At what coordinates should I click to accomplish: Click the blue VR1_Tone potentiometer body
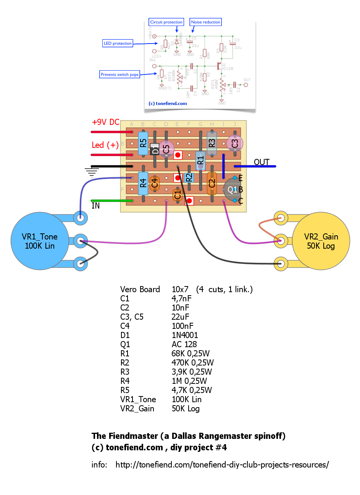point(40,241)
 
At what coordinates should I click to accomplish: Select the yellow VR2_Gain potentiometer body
point(321,241)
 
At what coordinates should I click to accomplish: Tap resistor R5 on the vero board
point(143,143)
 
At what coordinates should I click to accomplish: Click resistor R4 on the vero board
point(143,183)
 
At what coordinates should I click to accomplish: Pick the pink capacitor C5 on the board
point(166,149)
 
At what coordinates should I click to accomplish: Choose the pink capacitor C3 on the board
point(235,143)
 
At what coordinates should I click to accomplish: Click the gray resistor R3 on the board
point(212,143)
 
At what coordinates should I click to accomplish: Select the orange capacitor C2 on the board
point(212,183)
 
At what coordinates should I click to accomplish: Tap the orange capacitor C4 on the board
point(155,183)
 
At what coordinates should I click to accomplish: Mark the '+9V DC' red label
point(106,122)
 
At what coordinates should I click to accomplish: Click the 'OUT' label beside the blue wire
point(262,162)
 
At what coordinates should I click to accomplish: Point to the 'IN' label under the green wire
point(95,206)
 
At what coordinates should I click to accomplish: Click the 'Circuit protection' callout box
point(166,22)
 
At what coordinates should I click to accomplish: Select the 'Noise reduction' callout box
point(206,22)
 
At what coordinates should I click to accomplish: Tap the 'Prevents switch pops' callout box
point(119,74)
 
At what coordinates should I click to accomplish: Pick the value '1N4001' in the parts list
point(185,335)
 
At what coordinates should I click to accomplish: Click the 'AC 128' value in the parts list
point(184,345)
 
